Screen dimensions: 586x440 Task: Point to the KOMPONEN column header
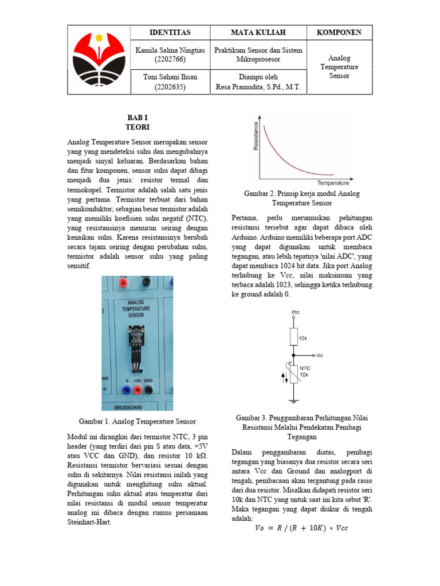(339, 33)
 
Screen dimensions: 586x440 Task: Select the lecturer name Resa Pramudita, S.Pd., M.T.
(258, 87)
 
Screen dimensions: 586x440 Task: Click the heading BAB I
(137, 117)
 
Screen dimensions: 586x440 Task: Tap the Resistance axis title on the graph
(256, 136)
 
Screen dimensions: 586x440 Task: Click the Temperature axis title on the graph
(333, 183)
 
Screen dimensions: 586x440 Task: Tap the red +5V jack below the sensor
(137, 390)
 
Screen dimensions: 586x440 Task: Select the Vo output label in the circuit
(319, 355)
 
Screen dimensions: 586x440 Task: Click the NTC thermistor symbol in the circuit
(293, 375)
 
